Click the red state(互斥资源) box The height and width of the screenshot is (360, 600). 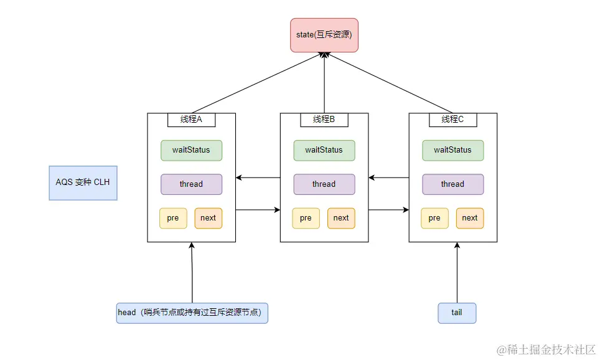point(324,35)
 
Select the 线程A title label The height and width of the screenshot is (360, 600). point(191,120)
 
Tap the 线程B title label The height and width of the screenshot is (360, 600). point(324,120)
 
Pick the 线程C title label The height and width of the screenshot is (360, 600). point(452,120)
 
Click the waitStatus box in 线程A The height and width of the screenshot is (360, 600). point(191,150)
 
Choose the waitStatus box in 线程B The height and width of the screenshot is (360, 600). point(324,150)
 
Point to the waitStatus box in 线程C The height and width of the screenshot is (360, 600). point(452,150)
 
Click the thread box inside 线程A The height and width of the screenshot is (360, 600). point(191,184)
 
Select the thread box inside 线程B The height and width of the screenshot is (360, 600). point(324,184)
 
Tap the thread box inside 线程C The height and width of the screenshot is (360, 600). point(452,184)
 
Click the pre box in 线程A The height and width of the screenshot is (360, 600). point(173,218)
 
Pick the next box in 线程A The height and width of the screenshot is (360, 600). point(209,218)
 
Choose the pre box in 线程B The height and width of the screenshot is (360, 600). point(306,218)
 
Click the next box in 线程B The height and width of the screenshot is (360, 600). point(341,218)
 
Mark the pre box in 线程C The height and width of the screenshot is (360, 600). point(434,218)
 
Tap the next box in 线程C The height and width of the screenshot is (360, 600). point(470,218)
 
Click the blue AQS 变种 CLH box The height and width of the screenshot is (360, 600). point(83,183)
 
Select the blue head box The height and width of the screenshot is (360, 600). point(192,313)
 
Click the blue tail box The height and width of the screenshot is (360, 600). point(457,313)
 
